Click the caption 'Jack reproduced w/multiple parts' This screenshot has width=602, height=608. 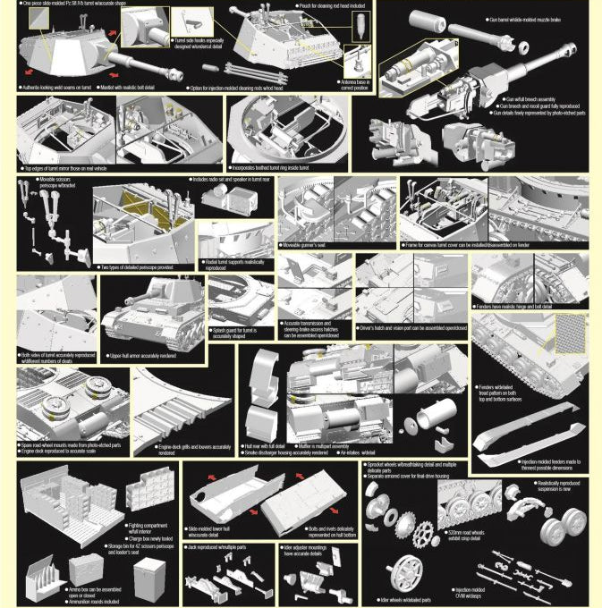(x=219, y=546)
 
